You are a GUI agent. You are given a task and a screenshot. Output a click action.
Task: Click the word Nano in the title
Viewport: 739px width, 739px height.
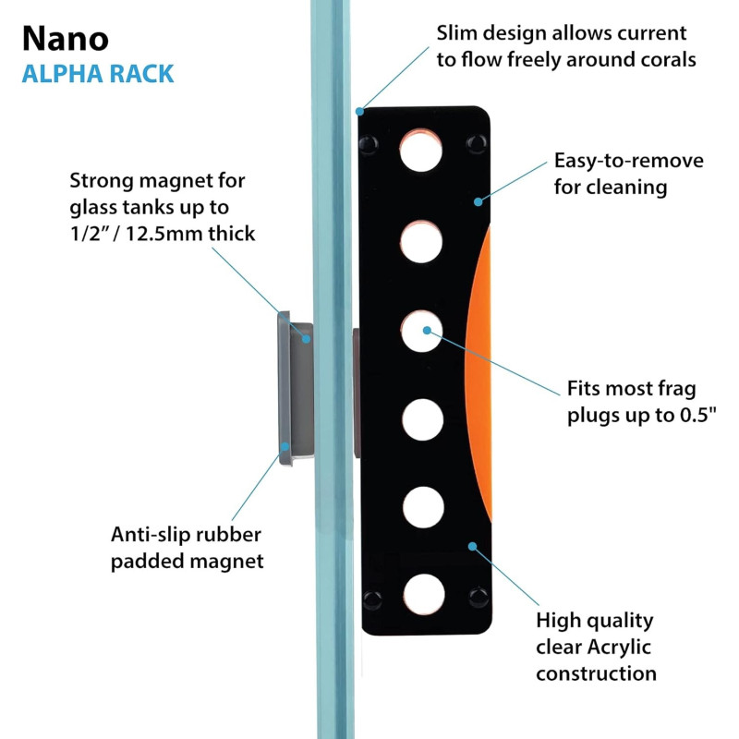(x=65, y=38)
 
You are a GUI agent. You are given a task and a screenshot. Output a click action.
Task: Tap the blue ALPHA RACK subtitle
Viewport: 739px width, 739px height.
(x=98, y=73)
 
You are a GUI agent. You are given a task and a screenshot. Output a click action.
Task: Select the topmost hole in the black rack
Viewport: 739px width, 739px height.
(x=422, y=150)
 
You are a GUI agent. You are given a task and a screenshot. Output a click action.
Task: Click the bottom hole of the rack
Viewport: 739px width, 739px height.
(x=424, y=594)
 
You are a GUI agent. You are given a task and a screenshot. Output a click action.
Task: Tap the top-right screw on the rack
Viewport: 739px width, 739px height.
(x=477, y=142)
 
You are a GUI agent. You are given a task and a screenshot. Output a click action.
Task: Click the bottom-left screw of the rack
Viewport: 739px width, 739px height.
(x=372, y=599)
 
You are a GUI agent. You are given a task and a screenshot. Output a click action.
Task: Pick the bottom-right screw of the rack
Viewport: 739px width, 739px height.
(x=478, y=597)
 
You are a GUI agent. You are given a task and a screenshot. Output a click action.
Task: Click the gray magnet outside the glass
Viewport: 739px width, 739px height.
(x=294, y=387)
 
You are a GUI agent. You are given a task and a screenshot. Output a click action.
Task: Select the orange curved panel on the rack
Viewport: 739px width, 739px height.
(x=479, y=369)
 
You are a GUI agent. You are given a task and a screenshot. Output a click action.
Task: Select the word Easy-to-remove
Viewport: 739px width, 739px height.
(x=629, y=161)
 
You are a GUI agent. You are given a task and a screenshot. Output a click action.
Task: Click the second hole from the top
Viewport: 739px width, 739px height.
(x=422, y=239)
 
